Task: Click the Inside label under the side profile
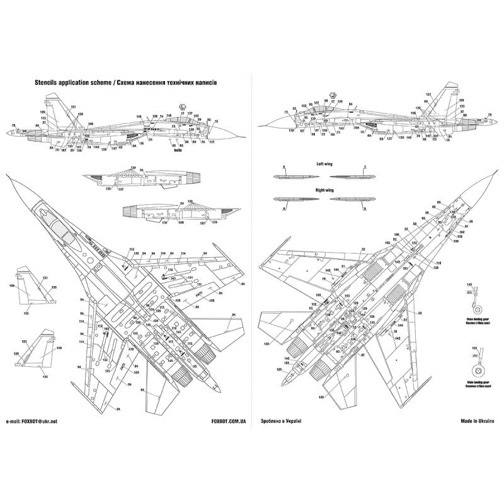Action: click(x=178, y=150)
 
